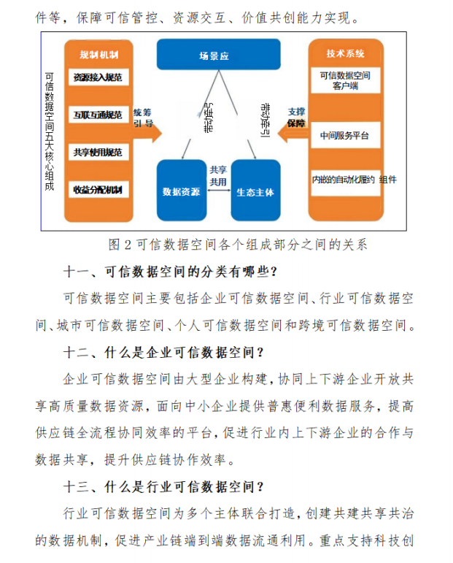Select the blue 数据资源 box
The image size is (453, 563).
(182, 191)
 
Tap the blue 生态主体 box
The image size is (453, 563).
(255, 192)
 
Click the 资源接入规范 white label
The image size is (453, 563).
(98, 77)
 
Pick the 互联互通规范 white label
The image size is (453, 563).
(98, 115)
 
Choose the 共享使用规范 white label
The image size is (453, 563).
(98, 153)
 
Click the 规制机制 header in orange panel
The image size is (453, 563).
(98, 54)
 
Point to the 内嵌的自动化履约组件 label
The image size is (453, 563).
(354, 180)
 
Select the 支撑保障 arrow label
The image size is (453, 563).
(296, 118)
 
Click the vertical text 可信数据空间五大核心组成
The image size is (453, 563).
(50, 131)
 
